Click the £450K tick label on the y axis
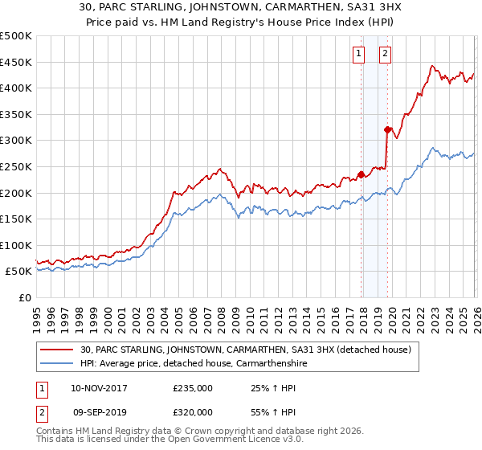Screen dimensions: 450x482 point(16,62)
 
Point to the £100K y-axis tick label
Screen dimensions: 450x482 point(16,245)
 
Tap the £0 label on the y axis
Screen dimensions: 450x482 point(25,297)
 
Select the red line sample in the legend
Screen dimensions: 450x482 point(58,350)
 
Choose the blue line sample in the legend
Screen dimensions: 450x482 point(58,363)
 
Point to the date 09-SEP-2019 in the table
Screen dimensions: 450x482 point(99,411)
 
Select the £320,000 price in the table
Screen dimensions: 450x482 point(193,411)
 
